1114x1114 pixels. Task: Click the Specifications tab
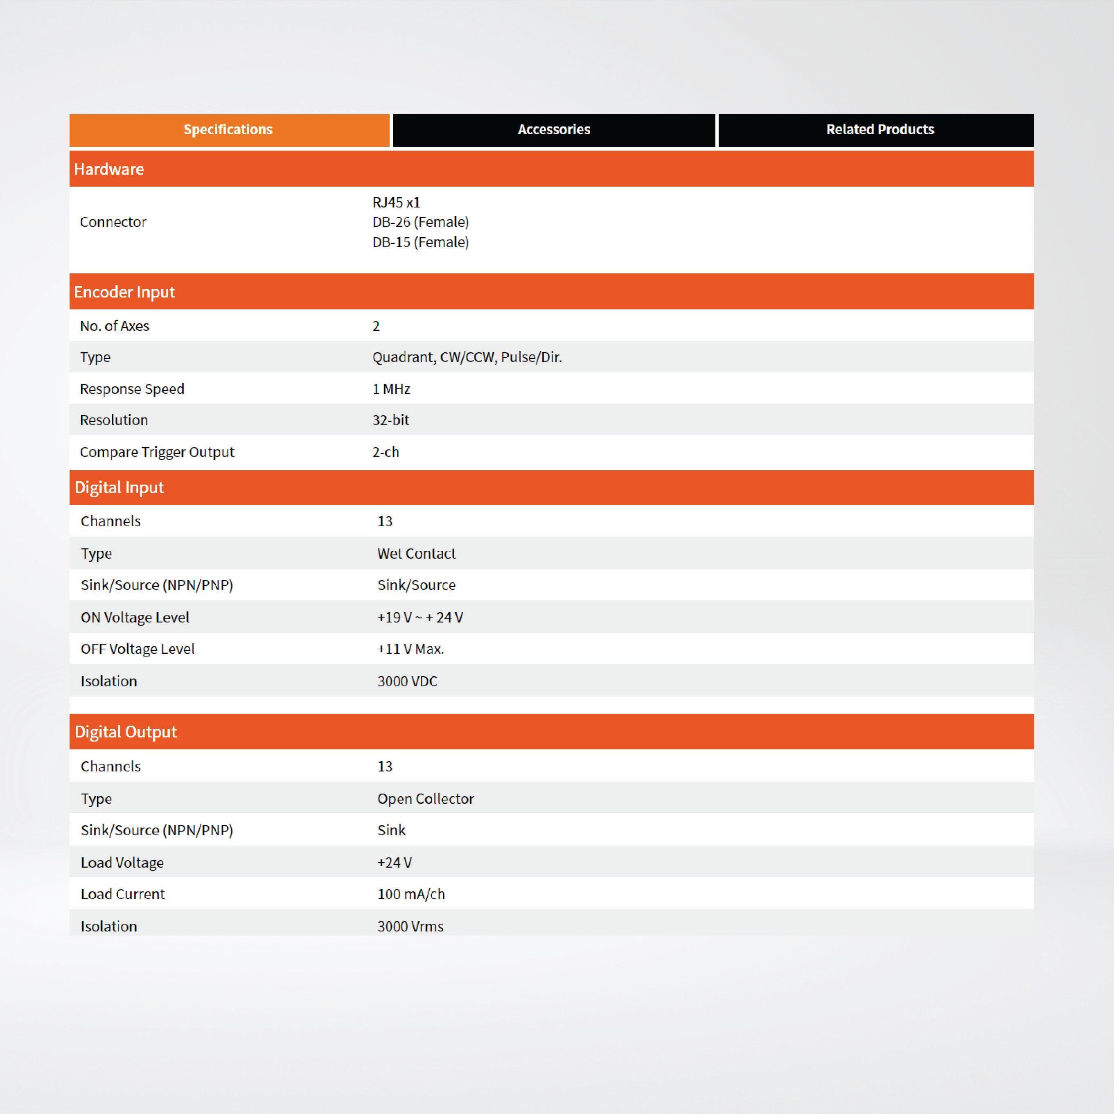[x=228, y=130]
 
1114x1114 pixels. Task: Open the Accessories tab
[x=554, y=130]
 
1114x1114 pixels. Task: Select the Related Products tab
[x=880, y=130]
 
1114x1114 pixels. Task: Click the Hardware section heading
[x=109, y=169]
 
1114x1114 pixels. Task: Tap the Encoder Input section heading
[x=124, y=292]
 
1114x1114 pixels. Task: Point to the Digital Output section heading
[x=126, y=732]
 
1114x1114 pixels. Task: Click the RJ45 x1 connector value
[x=396, y=203]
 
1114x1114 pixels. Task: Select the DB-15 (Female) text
[x=420, y=242]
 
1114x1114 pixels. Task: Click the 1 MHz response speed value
[x=391, y=389]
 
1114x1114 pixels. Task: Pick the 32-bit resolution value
[x=390, y=420]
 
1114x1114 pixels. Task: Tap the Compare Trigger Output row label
[x=157, y=452]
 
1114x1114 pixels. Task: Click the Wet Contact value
[x=416, y=554]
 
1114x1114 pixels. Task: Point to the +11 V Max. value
[x=410, y=649]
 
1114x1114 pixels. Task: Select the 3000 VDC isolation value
[x=407, y=681]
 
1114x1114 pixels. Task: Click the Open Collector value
[x=426, y=798]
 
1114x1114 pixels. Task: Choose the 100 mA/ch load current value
[x=411, y=894]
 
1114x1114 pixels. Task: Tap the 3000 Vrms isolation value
[x=410, y=926]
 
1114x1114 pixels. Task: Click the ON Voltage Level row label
[x=135, y=617]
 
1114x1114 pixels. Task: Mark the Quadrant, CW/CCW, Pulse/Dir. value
[x=467, y=358]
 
